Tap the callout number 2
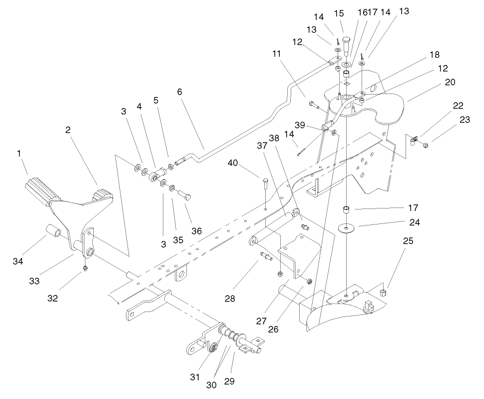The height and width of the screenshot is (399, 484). click(68, 129)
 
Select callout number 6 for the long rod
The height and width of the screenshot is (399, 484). click(179, 92)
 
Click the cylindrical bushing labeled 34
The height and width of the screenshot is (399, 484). click(54, 232)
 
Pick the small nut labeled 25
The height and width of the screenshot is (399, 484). click(383, 292)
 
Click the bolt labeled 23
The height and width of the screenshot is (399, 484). click(425, 145)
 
